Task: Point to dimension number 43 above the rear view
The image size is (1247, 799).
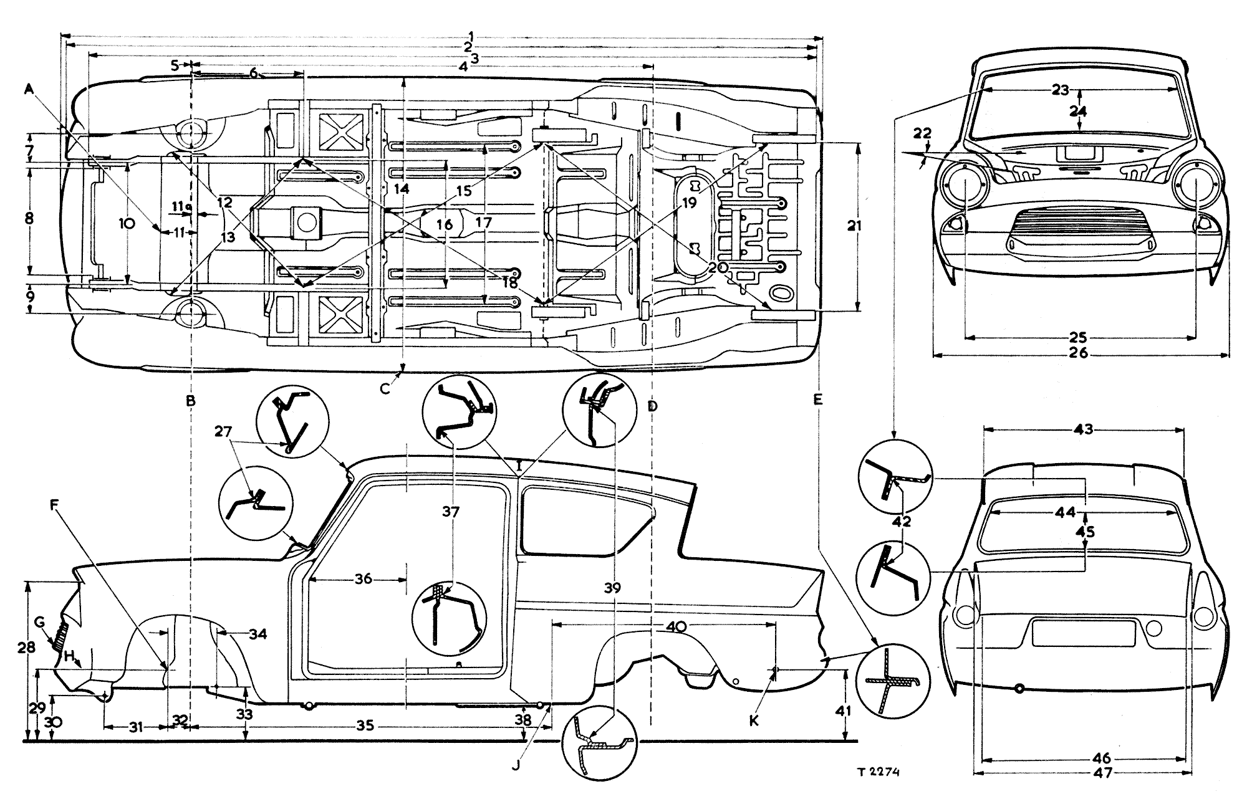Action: [x=1084, y=429]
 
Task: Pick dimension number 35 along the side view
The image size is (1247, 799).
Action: [x=365, y=725]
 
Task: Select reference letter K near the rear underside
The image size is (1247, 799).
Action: [x=754, y=720]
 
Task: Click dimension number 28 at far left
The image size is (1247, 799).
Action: [x=26, y=648]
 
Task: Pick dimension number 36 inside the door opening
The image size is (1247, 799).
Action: [x=364, y=579]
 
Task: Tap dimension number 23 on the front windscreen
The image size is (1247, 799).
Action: [x=1060, y=90]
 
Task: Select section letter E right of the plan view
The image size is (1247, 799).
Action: [x=818, y=399]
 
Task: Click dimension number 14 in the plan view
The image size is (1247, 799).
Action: [x=403, y=188]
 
